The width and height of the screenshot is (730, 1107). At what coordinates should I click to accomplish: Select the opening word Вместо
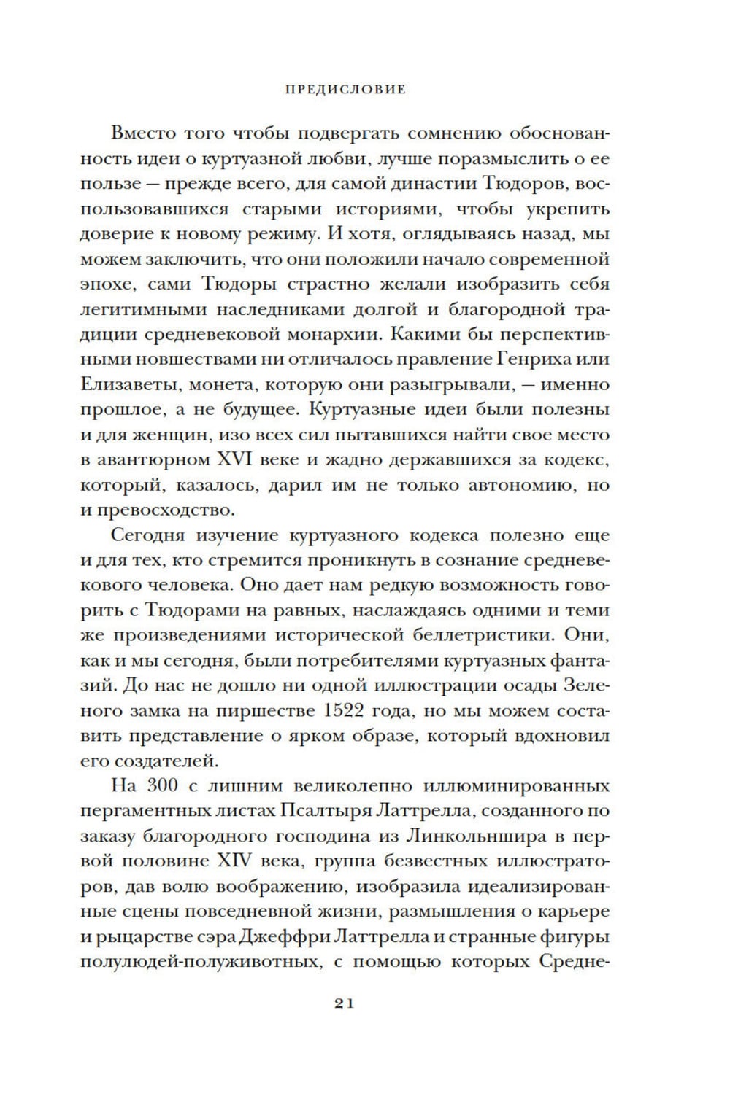pos(142,133)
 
